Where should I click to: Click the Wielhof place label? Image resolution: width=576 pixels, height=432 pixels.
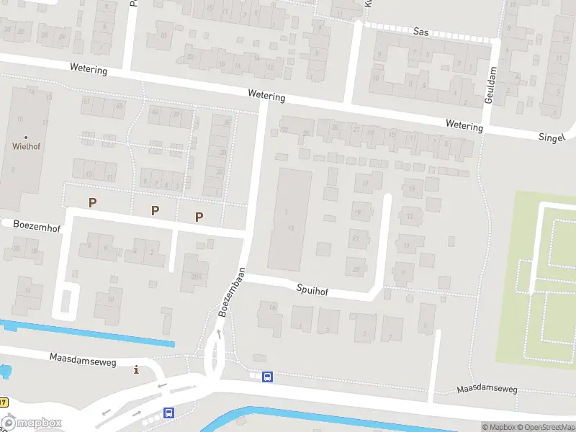26,145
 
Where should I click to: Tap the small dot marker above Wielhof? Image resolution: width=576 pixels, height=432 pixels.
26,136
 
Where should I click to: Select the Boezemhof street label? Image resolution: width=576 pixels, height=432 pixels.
37,225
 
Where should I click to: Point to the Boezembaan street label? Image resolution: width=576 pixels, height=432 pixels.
232,292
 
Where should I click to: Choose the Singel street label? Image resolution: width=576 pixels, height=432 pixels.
552,137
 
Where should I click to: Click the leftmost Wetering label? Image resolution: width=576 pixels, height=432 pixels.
89,70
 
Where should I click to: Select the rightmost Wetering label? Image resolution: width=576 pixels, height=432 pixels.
464,126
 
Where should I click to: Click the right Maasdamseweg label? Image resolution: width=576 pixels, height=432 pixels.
487,390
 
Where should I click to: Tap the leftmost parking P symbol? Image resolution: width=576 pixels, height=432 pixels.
91,203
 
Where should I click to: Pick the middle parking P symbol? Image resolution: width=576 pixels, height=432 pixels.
155,210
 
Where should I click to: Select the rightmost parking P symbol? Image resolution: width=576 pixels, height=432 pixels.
199,217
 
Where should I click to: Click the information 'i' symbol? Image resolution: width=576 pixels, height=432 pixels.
136,370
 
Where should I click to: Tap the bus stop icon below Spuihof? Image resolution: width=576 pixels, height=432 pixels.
267,377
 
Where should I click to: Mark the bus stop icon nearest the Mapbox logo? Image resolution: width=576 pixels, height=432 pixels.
168,413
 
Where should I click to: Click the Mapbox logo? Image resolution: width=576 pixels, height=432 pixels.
32,423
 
